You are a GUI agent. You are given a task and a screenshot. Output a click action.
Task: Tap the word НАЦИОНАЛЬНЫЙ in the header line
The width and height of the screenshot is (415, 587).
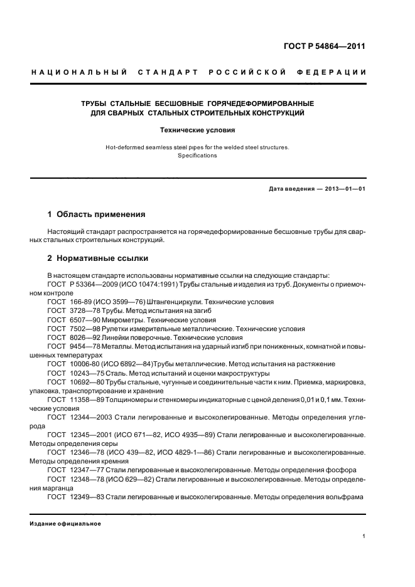(80, 73)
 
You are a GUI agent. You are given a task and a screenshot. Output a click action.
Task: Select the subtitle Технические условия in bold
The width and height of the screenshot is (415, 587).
(197, 130)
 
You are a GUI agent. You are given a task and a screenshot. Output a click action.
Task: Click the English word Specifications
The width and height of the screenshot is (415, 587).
(197, 156)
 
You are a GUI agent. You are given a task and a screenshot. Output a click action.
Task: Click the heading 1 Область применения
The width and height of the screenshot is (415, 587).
(97, 214)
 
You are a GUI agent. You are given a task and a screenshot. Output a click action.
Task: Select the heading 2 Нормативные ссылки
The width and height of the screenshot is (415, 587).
(99, 258)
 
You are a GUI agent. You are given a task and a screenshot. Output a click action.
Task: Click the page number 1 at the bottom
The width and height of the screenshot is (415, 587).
(364, 536)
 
